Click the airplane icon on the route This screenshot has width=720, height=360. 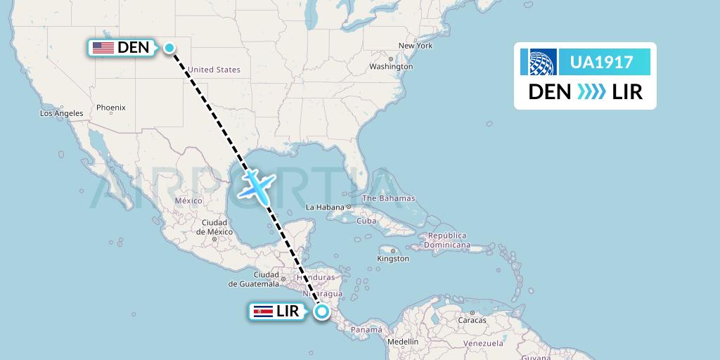[x=256, y=186]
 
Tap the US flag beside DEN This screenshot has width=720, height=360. [x=103, y=48]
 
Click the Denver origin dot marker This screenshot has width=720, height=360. [x=169, y=48]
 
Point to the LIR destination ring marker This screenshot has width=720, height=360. [x=322, y=311]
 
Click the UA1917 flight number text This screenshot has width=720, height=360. [x=601, y=63]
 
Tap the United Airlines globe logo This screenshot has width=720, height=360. [x=539, y=63]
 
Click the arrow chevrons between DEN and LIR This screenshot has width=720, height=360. [x=591, y=92]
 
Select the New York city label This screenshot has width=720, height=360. [x=415, y=46]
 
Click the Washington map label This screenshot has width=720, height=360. [x=391, y=67]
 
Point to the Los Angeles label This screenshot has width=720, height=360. [x=62, y=113]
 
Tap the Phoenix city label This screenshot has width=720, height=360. [x=111, y=108]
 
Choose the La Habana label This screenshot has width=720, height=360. [x=325, y=207]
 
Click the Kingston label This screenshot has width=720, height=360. [x=393, y=259]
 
